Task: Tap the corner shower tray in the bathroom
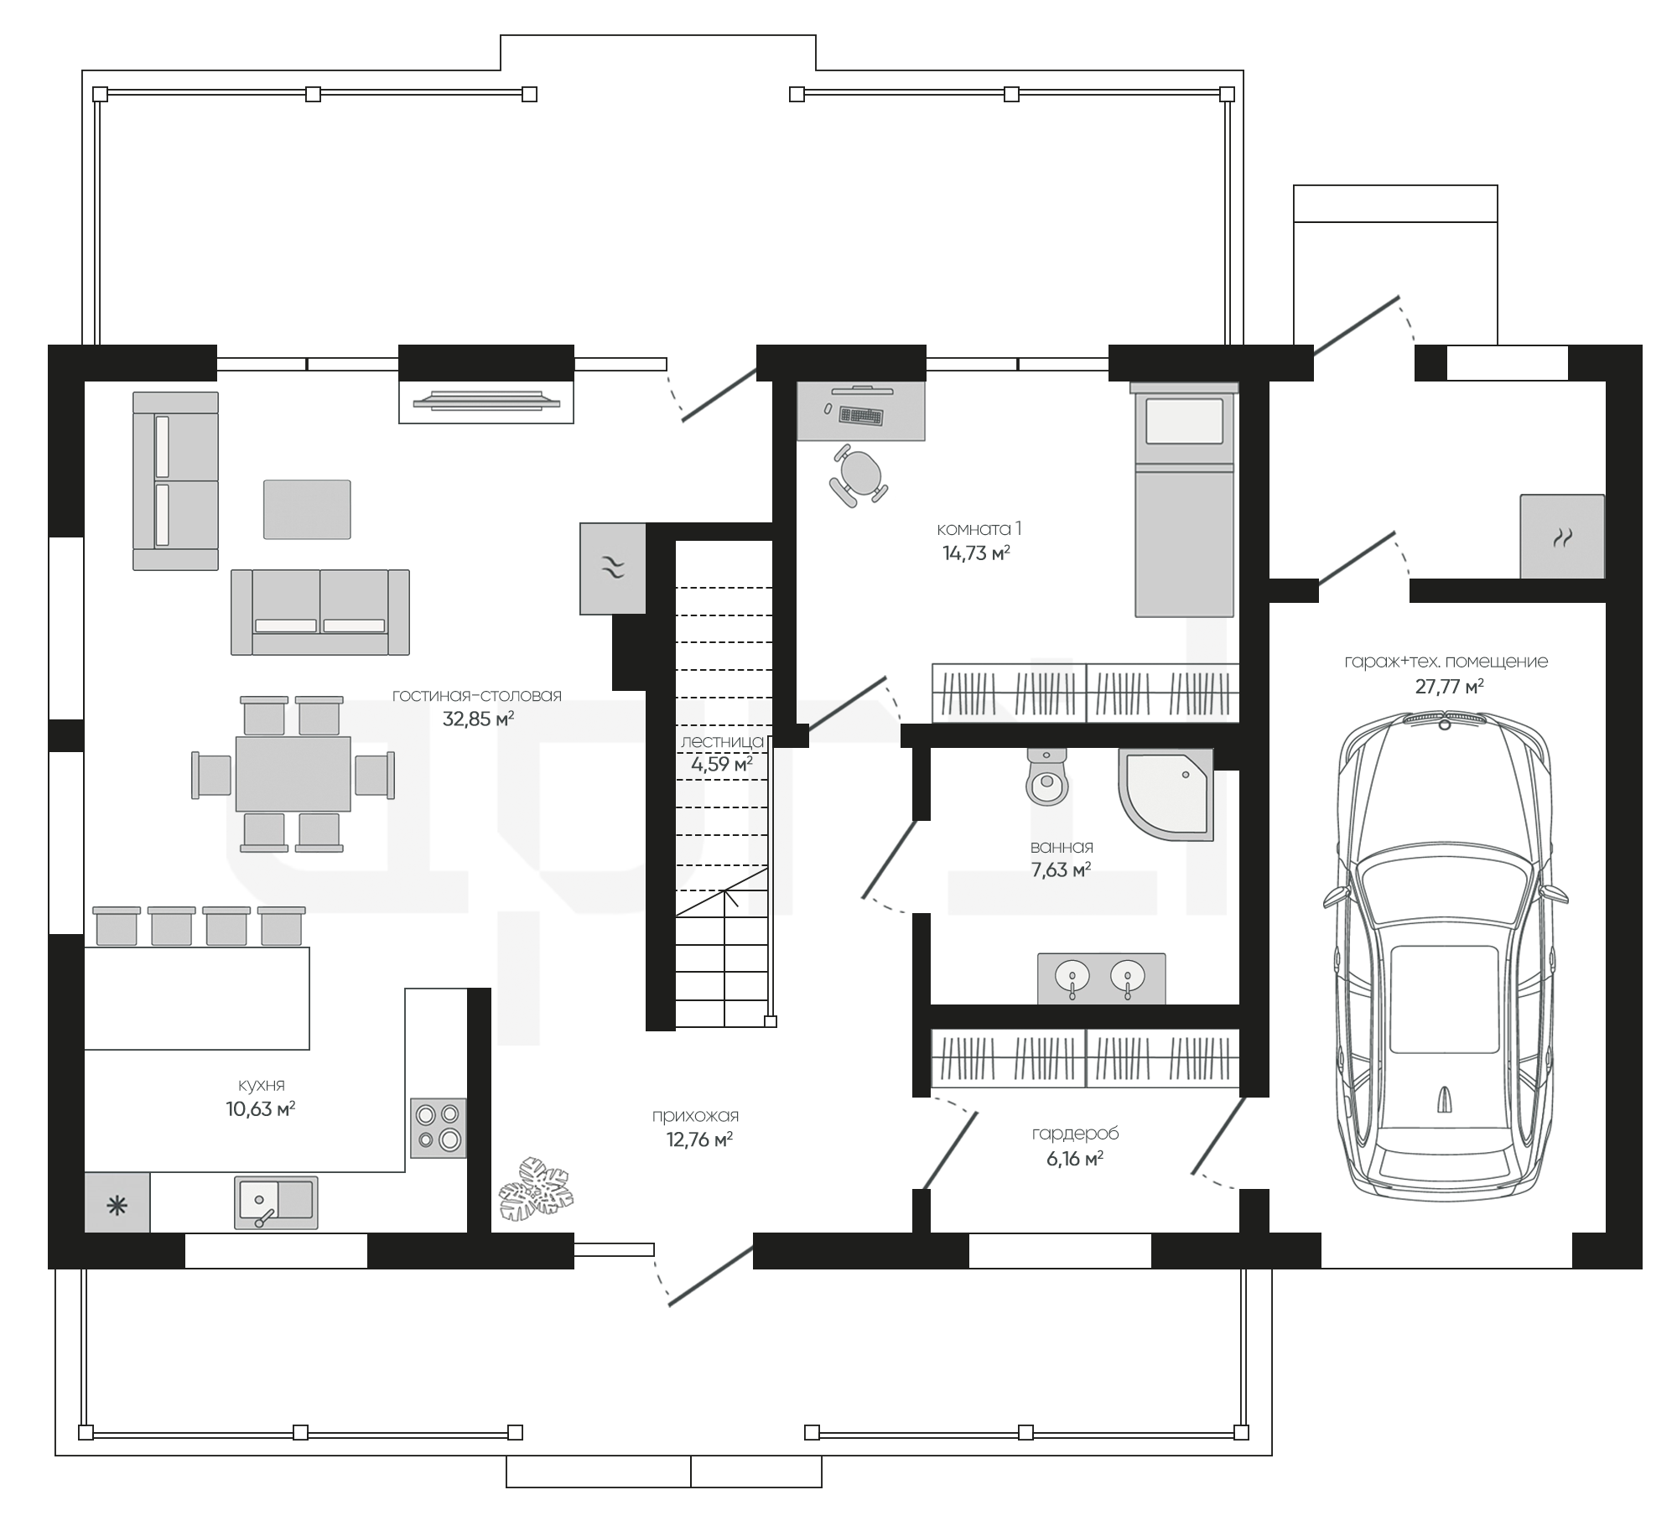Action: tap(1166, 794)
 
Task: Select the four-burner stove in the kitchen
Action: tap(439, 1128)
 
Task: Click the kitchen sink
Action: tap(276, 1202)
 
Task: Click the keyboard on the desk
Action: tap(861, 415)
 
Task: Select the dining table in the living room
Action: tap(293, 773)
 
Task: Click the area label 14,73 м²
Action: tap(976, 553)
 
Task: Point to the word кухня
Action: tap(260, 1084)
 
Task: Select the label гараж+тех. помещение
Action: tap(1446, 662)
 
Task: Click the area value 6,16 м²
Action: tap(1074, 1159)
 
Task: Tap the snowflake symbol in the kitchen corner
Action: tap(117, 1206)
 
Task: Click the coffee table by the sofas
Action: tap(307, 509)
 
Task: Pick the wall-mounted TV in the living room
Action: tap(486, 400)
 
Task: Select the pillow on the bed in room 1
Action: tap(1184, 421)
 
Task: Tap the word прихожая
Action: tap(695, 1115)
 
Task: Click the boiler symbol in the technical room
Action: tap(1561, 537)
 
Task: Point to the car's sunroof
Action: tap(1445, 999)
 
